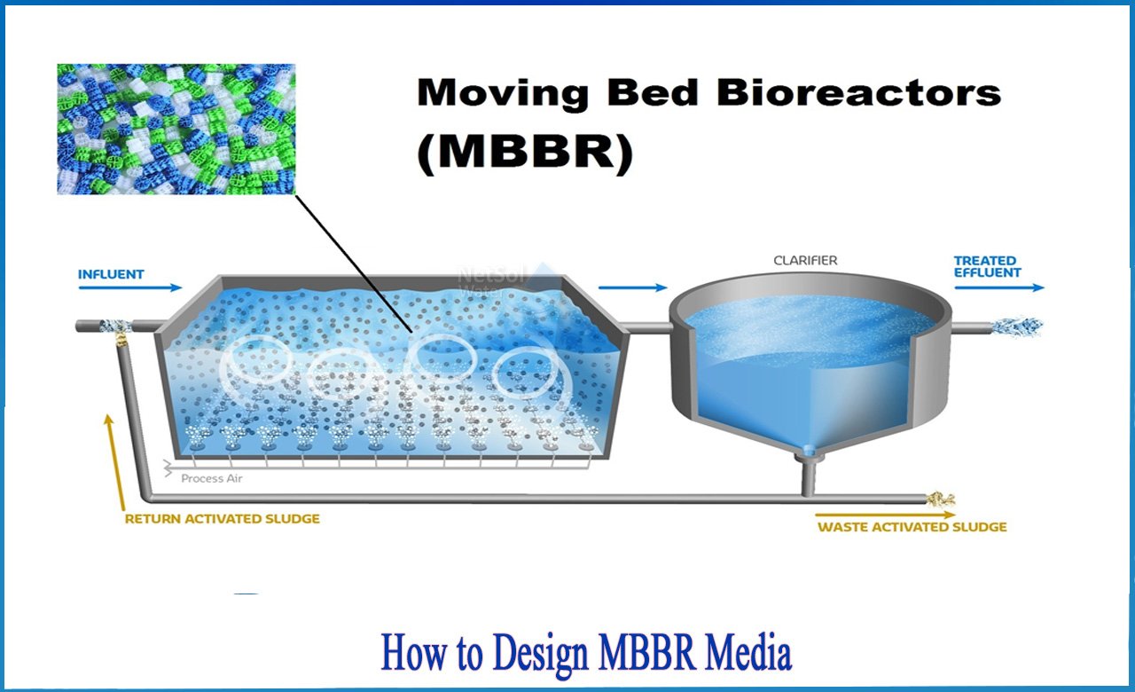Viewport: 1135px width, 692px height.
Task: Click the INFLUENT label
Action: pyautogui.click(x=111, y=274)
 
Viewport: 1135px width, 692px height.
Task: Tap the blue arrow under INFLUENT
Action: pyautogui.click(x=130, y=288)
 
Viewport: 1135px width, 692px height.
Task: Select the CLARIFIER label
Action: pyautogui.click(x=805, y=261)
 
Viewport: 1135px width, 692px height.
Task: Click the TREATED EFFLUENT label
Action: pyautogui.click(x=988, y=267)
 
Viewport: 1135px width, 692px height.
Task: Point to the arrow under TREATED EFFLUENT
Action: pyautogui.click(x=999, y=288)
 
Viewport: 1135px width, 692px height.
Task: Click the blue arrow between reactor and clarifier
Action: pyautogui.click(x=633, y=288)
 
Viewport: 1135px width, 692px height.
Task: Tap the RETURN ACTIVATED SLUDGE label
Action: pyautogui.click(x=223, y=519)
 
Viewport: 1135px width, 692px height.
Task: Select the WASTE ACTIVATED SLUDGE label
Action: pyautogui.click(x=912, y=527)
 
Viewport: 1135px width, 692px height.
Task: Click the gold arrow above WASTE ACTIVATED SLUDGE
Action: pyautogui.click(x=885, y=515)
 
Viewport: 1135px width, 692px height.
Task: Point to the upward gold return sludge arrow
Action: pyautogui.click(x=115, y=462)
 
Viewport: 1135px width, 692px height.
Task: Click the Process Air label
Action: pyautogui.click(x=212, y=478)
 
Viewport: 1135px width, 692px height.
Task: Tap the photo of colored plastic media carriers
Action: pyautogui.click(x=176, y=130)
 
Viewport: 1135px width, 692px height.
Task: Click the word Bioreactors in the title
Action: pyautogui.click(x=859, y=93)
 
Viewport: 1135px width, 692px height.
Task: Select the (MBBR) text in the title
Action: pyautogui.click(x=525, y=153)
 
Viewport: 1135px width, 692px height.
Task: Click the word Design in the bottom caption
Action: pyautogui.click(x=540, y=655)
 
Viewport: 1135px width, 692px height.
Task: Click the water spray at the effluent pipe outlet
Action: pyautogui.click(x=1016, y=326)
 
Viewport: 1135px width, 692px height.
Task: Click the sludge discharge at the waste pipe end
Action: pyautogui.click(x=940, y=499)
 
